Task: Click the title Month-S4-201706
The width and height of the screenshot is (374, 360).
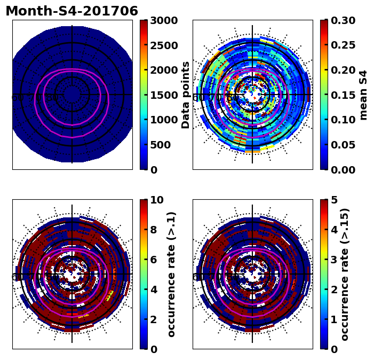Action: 71,11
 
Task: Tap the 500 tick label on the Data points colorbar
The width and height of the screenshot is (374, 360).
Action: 160,145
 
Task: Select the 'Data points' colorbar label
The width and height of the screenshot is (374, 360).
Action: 186,95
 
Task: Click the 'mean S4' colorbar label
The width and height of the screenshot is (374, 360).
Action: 364,95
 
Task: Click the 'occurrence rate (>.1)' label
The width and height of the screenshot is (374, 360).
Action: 171,274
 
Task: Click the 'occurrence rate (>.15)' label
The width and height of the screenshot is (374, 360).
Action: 345,274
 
